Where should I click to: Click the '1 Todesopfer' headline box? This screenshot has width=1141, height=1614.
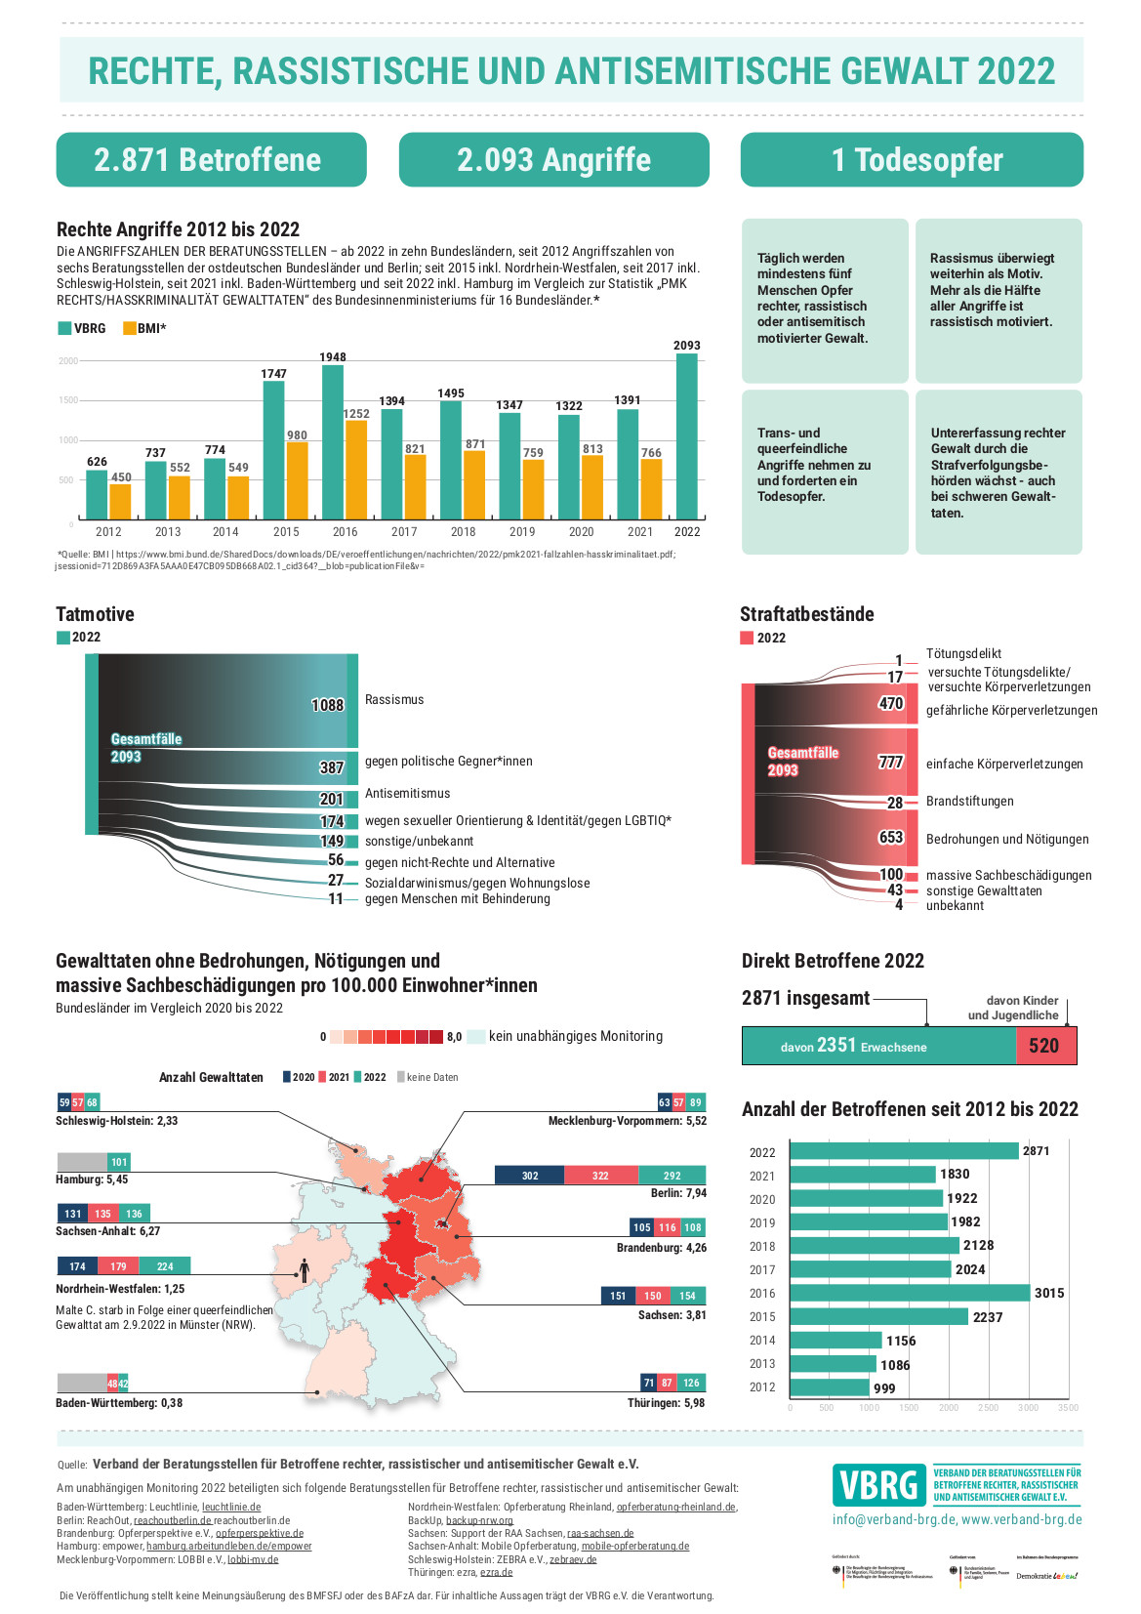click(x=912, y=159)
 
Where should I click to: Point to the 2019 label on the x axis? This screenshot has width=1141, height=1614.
click(x=522, y=532)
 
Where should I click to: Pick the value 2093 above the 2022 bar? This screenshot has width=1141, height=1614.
click(x=687, y=346)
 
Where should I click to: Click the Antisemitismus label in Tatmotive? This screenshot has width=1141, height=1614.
click(x=408, y=794)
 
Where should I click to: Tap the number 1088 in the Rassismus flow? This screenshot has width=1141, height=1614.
click(x=328, y=705)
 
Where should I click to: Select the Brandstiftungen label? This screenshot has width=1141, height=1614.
click(x=970, y=802)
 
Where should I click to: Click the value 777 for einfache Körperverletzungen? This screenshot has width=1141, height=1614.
click(x=890, y=763)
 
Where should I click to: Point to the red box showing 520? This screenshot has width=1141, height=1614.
click(x=1045, y=1046)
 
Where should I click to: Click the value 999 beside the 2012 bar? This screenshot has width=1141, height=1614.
click(x=884, y=1388)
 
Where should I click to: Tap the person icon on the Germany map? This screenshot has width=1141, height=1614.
click(x=305, y=1269)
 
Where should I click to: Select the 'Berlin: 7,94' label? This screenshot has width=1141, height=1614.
click(x=678, y=1193)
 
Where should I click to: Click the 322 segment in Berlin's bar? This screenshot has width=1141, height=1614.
click(x=600, y=1176)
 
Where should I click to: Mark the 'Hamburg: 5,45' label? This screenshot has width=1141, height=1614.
click(x=92, y=1179)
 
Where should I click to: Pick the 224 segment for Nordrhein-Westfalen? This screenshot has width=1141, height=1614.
click(x=165, y=1266)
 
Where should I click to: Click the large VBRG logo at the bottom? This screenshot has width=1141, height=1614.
click(x=879, y=1485)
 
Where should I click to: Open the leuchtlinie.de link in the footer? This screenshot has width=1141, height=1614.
click(x=231, y=1507)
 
